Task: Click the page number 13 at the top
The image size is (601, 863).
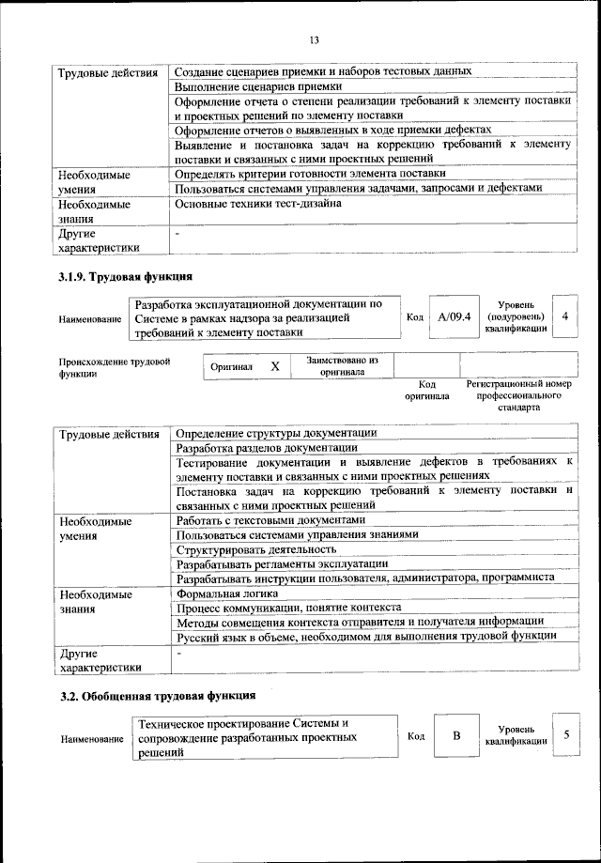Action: click(314, 39)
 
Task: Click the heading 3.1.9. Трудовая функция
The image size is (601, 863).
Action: click(126, 277)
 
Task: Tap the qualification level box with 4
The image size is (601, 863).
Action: click(564, 316)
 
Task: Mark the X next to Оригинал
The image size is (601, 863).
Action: click(275, 366)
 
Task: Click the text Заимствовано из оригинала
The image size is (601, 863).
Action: click(342, 365)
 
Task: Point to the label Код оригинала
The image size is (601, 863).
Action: click(426, 390)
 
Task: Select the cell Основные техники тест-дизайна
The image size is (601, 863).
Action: click(258, 203)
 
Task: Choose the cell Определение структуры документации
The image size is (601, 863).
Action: click(277, 433)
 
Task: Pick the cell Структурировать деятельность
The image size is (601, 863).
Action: click(256, 548)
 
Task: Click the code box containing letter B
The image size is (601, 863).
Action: click(456, 735)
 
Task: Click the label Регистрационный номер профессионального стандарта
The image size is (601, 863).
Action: click(518, 396)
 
